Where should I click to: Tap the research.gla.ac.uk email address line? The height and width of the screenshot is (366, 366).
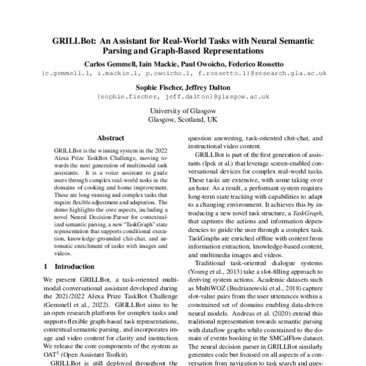tap(183, 73)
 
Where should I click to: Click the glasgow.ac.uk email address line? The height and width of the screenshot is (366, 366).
tap(183, 96)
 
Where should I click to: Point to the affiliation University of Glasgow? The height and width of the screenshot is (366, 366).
tap(183, 112)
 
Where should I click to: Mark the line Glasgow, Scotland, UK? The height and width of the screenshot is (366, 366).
tap(183, 120)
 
